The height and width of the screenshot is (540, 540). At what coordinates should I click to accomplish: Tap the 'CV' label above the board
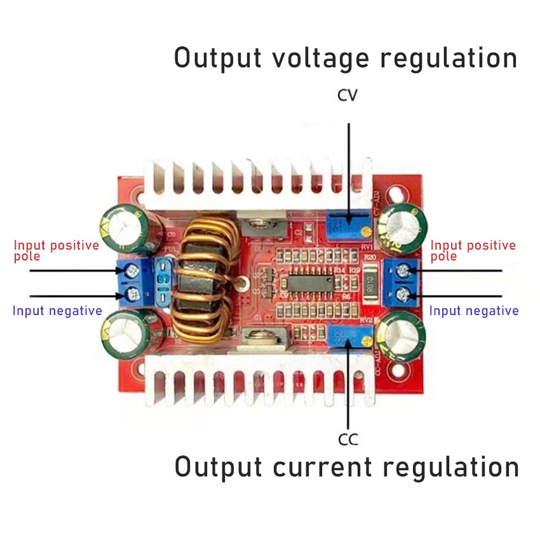(348, 95)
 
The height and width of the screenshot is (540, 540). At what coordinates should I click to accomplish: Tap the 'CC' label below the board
(348, 439)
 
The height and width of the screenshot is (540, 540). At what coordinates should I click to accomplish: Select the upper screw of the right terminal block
(402, 271)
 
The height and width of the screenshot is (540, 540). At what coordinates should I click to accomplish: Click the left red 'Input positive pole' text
(57, 250)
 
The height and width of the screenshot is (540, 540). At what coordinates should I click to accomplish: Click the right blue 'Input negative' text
(474, 311)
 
